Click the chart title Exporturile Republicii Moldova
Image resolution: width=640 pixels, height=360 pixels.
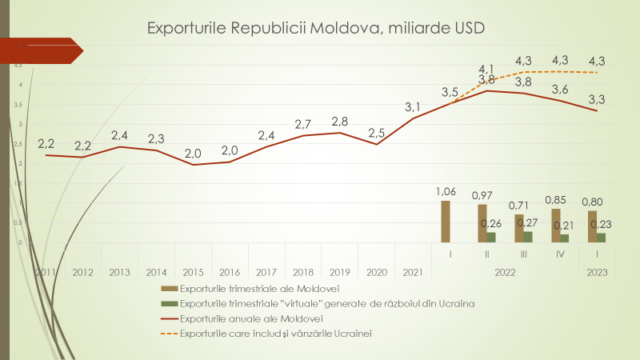pos(316,28)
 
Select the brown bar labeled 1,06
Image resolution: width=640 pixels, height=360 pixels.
pos(446,222)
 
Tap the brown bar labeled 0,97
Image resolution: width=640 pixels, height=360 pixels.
pos(482,223)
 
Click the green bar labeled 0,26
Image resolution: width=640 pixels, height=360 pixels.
pos(491,237)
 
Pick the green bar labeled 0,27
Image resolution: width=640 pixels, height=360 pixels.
pos(528,237)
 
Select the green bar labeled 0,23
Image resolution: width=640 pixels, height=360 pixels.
pos(602,238)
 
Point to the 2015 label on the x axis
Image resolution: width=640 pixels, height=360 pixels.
pos(193,273)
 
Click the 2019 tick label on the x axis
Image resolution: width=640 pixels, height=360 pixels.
pos(340,273)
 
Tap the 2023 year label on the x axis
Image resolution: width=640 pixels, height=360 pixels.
pos(597,273)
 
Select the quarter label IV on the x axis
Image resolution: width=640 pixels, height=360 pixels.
pos(560,254)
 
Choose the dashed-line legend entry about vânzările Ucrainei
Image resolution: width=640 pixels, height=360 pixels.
pos(277,333)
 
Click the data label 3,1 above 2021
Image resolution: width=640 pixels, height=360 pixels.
pos(413,107)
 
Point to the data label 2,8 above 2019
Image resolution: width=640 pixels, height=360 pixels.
pos(339,122)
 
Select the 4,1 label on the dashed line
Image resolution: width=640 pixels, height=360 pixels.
pos(486,69)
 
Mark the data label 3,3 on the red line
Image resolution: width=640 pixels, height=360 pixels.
pos(596,100)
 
